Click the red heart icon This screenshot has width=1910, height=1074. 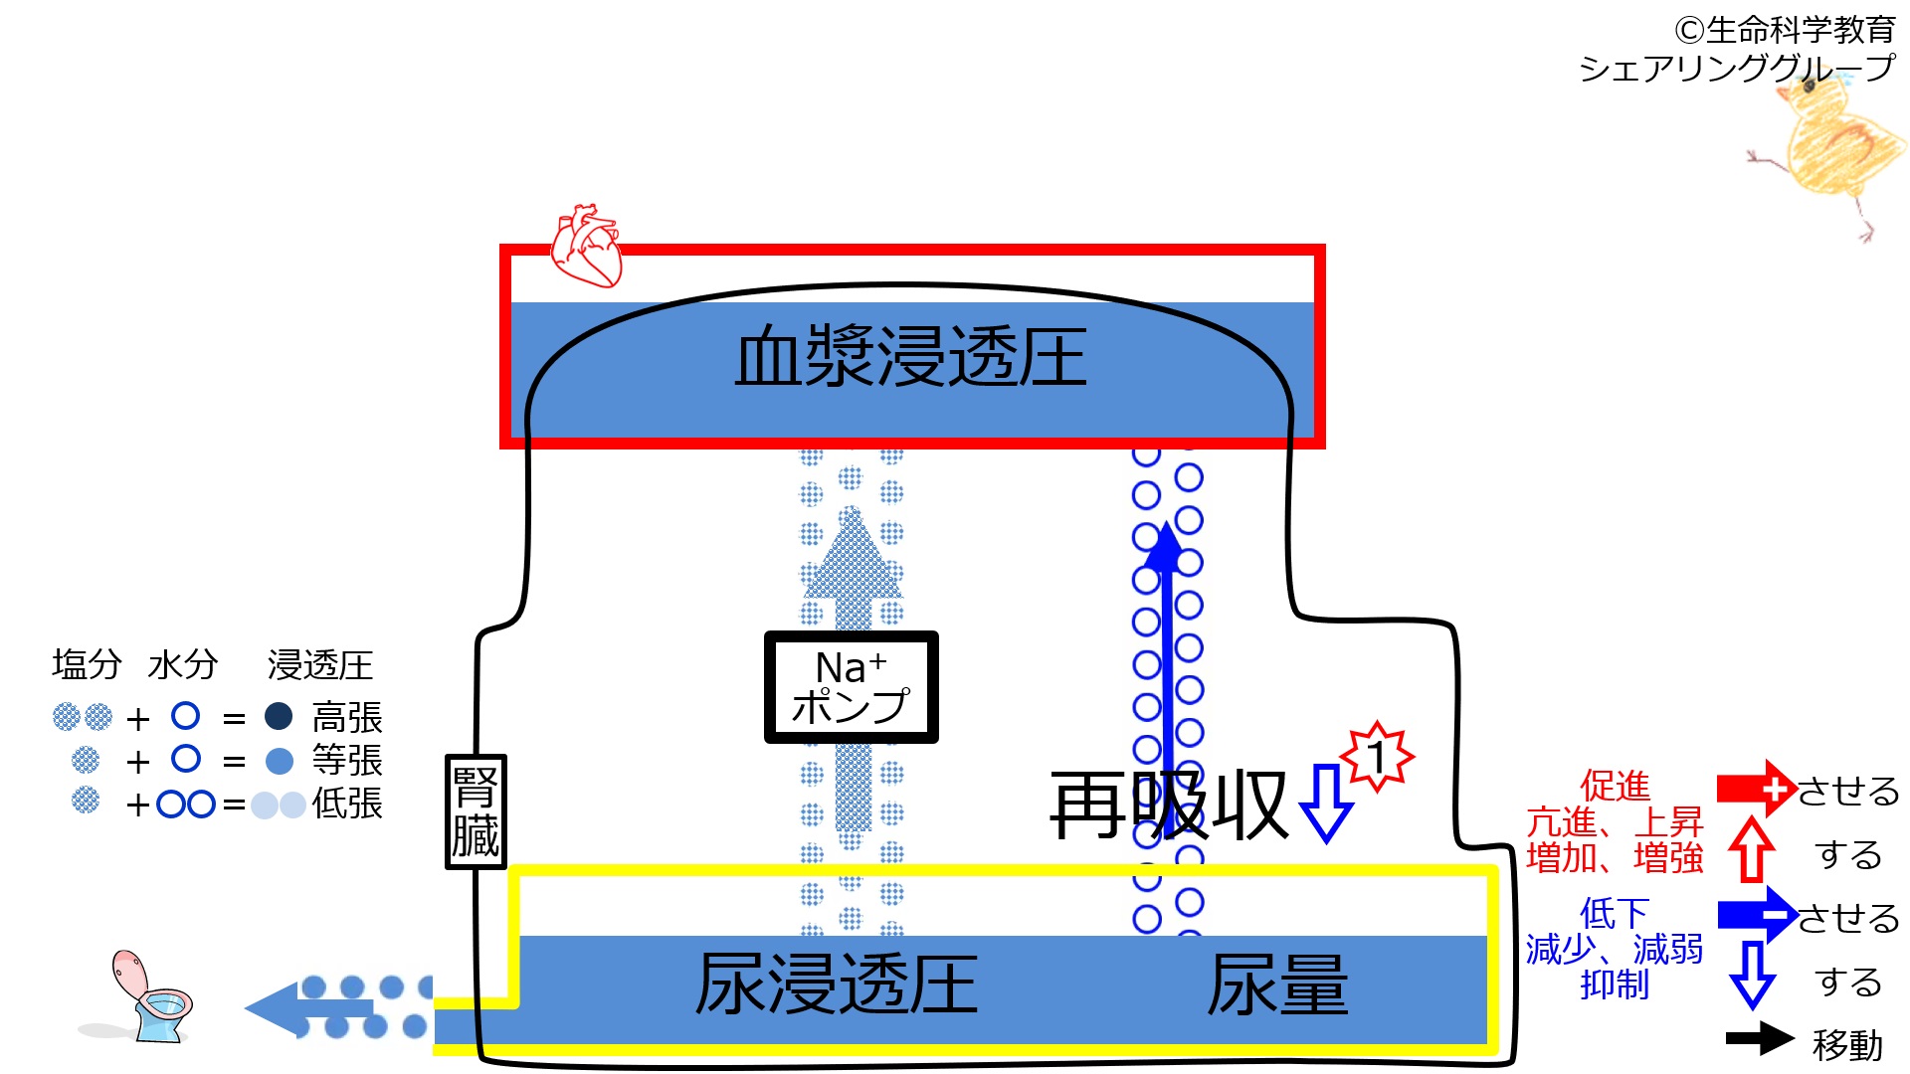point(587,246)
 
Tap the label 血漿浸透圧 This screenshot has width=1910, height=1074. point(910,356)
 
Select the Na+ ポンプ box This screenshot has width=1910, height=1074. point(851,687)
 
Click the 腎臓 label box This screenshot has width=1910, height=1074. point(476,811)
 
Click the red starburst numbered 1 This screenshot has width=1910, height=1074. point(1377,757)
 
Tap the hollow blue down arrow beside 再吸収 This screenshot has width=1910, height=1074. point(1327,804)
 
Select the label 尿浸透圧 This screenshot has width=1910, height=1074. point(837,984)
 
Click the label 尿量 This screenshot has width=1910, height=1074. point(1277,984)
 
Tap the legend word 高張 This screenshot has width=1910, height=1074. point(347,717)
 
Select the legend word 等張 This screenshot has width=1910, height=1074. point(347,761)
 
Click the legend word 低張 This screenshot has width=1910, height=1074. point(347,804)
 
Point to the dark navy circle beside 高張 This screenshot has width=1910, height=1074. point(279,716)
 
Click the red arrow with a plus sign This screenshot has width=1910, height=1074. point(1757,789)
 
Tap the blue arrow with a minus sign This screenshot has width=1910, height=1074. point(1757,915)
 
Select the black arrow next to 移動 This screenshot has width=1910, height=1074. point(1760,1038)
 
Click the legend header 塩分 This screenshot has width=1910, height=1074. point(87,664)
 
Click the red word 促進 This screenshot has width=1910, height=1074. point(1615,786)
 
